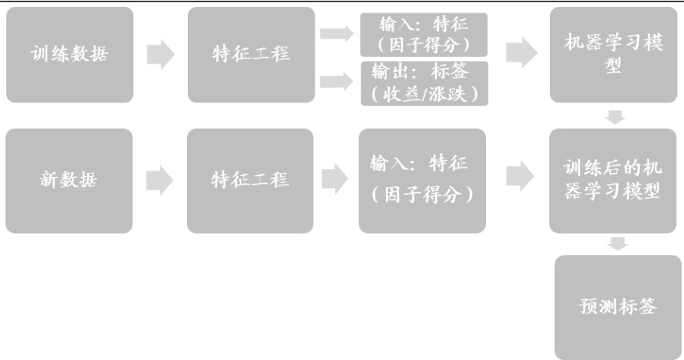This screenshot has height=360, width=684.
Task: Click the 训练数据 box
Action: pyautogui.click(x=69, y=54)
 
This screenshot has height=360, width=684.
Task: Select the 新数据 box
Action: pyautogui.click(x=69, y=181)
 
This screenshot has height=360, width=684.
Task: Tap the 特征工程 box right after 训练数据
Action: pyautogui.click(x=250, y=54)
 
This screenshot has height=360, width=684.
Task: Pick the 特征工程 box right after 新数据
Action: pyautogui.click(x=250, y=181)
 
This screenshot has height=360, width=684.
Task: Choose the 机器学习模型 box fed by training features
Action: pyautogui.click(x=613, y=54)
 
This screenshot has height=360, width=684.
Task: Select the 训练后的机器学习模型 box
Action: pyautogui.click(x=613, y=181)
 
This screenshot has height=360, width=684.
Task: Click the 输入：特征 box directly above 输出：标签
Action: pyautogui.click(x=420, y=31)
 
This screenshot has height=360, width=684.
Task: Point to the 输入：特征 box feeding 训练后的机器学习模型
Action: pyautogui.click(x=420, y=181)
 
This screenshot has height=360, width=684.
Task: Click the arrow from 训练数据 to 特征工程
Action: pyautogui.click(x=161, y=54)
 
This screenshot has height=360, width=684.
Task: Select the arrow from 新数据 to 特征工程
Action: pyautogui.click(x=161, y=181)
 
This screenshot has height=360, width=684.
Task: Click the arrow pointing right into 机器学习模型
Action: pyautogui.click(x=518, y=52)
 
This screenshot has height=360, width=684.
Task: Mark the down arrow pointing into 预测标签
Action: pyautogui.click(x=618, y=243)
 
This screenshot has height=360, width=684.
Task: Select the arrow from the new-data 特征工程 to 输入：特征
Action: pyautogui.click(x=338, y=178)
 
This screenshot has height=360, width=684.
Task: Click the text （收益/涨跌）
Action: pyautogui.click(x=420, y=93)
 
